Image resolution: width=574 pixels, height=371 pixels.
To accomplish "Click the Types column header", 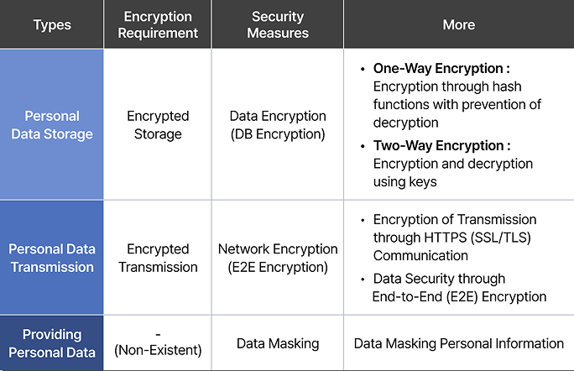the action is [52, 25].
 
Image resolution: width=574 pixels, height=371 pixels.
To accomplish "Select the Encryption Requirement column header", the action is [158, 24].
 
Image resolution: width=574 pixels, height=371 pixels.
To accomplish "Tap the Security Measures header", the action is [278, 24].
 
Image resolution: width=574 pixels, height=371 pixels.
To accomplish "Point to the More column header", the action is [459, 24].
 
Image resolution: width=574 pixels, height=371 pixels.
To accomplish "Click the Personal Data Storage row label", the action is [52, 125].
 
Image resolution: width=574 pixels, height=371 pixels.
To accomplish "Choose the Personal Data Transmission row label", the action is [52, 258].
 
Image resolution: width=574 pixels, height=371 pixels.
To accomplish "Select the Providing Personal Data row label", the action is [52, 343].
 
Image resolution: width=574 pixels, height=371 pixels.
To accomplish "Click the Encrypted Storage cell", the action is [158, 125].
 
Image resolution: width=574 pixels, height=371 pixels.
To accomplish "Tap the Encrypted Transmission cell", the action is [158, 258].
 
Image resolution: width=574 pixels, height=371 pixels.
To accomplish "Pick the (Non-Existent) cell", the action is [158, 350].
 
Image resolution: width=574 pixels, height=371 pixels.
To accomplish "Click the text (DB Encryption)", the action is [278, 134].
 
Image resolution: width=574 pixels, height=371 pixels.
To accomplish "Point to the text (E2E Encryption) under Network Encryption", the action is [278, 267].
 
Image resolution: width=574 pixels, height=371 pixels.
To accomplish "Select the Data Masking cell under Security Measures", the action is [278, 343].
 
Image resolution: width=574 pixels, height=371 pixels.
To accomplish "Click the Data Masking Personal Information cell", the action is [459, 343].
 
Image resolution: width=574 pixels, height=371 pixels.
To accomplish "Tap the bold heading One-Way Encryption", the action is [438, 69].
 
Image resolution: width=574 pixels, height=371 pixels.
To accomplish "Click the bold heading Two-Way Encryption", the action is [439, 146].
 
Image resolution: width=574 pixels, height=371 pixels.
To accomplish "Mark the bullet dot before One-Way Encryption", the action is [363, 69].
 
